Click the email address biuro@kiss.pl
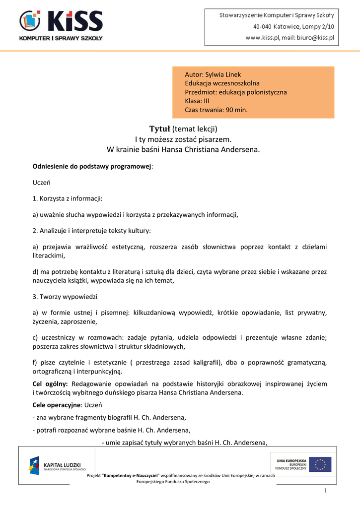point(313,37)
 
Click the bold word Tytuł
point(160,129)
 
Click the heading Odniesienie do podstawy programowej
point(92,166)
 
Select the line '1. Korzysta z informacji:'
point(68,198)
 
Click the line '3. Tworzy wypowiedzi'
point(65,296)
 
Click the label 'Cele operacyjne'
point(56,405)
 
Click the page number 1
point(326,491)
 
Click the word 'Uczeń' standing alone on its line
point(42,183)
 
